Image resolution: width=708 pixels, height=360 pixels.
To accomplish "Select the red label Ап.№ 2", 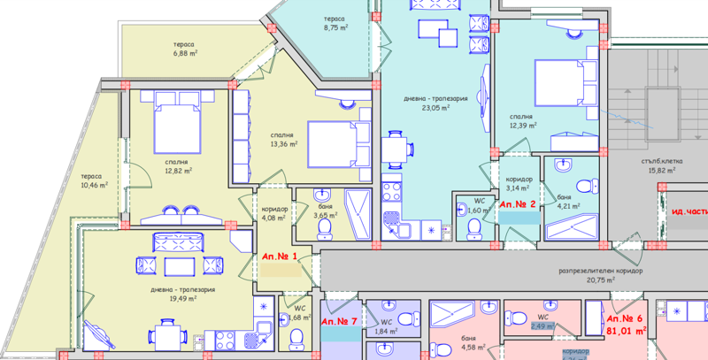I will (519, 204).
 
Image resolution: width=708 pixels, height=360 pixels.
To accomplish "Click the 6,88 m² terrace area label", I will (183, 54).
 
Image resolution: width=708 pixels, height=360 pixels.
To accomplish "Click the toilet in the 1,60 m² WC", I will (473, 227).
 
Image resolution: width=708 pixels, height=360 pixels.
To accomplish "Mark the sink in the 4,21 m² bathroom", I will (564, 165).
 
